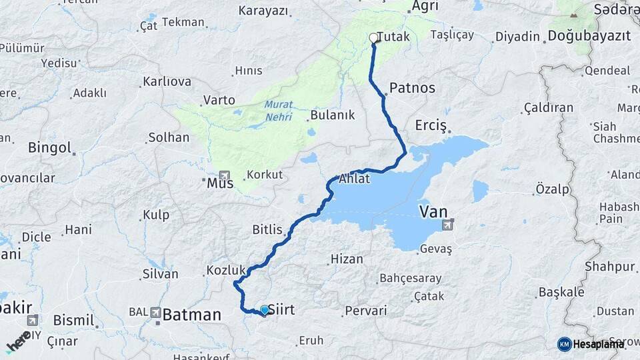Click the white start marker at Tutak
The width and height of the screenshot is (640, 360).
(374, 39)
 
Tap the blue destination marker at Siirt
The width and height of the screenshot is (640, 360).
(265, 309)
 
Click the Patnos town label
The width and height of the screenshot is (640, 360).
(412, 87)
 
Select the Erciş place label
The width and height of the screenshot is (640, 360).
(431, 125)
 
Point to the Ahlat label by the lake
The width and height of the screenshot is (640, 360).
(355, 179)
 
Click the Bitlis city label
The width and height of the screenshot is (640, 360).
(268, 230)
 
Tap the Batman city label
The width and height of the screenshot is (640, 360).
(191, 315)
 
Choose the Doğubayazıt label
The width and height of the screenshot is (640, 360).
(589, 36)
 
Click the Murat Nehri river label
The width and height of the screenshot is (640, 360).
(279, 109)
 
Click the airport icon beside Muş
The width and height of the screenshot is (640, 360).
(223, 173)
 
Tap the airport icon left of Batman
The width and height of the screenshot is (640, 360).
(155, 311)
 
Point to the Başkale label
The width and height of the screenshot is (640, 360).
(561, 292)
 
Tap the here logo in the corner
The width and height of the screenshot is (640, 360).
(18, 341)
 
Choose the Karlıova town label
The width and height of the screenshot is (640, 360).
(167, 82)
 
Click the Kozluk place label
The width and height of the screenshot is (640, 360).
(227, 270)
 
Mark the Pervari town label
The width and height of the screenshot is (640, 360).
(365, 311)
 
